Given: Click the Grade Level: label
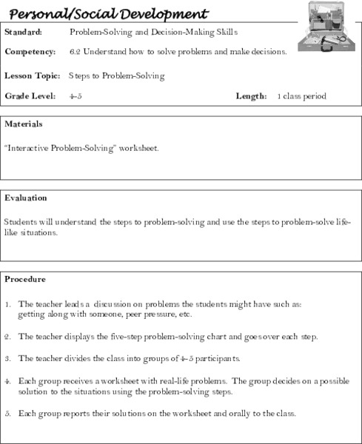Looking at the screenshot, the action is click(x=28, y=96).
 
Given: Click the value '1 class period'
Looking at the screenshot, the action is click(x=301, y=96).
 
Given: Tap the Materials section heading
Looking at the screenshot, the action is click(x=23, y=124).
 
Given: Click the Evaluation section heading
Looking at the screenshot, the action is click(x=26, y=198).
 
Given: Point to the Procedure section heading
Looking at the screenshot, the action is click(x=25, y=280).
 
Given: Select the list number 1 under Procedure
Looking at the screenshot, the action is click(x=7, y=304).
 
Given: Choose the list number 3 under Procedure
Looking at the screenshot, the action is click(x=7, y=359).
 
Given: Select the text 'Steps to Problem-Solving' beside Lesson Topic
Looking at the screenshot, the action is click(x=116, y=75).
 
